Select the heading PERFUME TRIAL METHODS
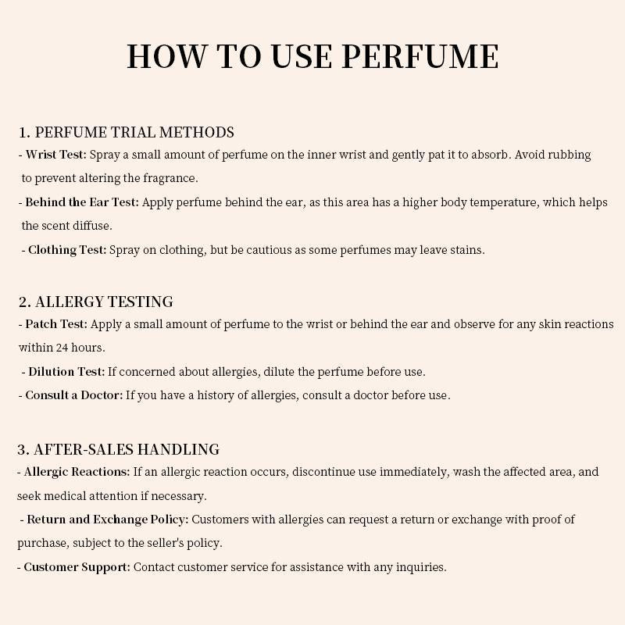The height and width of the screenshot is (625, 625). pos(134,132)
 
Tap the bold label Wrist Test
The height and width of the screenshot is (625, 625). pos(55,155)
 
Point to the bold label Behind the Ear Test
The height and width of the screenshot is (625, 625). pos(82,202)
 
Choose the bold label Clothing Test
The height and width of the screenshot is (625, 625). pos(67,250)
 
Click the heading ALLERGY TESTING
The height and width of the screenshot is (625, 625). pos(104,302)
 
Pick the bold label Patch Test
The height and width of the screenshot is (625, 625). pos(56,324)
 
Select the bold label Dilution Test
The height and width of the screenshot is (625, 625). pos(66,372)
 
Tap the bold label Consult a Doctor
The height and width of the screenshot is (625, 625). pos(74,395)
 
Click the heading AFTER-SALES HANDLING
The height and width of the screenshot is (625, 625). pos(126,449)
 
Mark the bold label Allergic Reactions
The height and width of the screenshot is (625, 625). pos(77,472)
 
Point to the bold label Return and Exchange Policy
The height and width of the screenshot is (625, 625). pos(108,520)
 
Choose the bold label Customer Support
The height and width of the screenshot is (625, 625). pos(77,567)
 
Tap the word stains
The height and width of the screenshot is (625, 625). pos(466,250)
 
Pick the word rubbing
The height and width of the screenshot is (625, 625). pos(569,155)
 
